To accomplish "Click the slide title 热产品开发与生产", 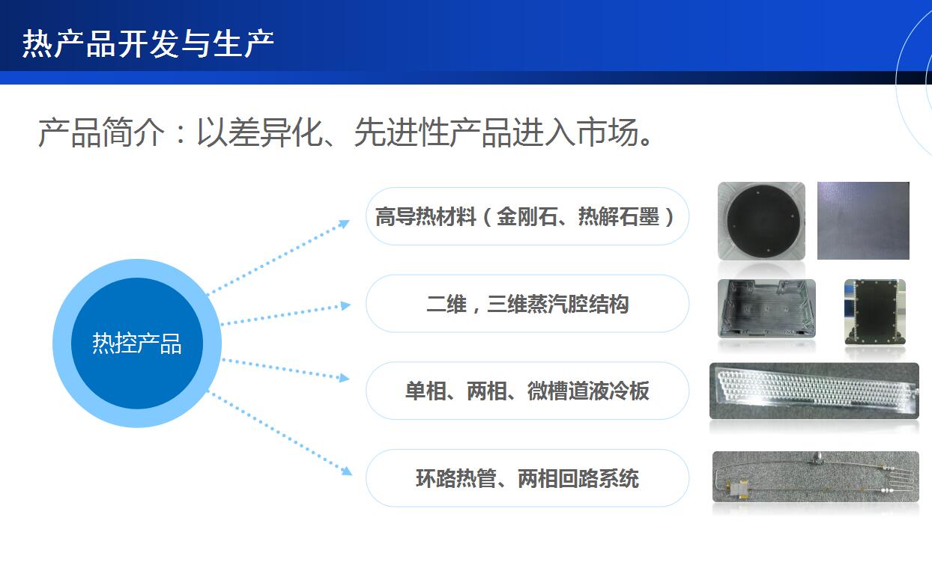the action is (148, 43).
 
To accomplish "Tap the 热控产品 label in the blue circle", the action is (137, 343).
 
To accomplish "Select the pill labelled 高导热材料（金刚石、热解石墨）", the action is (527, 216).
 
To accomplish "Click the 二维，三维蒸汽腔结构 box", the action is (527, 304).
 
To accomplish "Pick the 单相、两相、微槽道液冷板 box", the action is (527, 391).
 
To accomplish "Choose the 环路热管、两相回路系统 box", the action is (527, 478).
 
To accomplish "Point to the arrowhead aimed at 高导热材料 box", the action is (344, 224).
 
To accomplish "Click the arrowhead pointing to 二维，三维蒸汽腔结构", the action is (346, 305).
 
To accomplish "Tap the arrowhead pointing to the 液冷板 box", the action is (345, 377).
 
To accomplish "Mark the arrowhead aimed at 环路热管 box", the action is (347, 471).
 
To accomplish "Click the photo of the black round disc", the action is (761, 221).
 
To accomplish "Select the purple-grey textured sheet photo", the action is (863, 220).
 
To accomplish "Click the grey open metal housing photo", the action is (767, 308).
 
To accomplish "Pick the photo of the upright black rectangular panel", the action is (875, 312).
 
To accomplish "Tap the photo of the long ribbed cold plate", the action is (814, 391).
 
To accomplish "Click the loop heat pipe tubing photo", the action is (815, 477).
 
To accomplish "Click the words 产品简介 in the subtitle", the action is (102, 132).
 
